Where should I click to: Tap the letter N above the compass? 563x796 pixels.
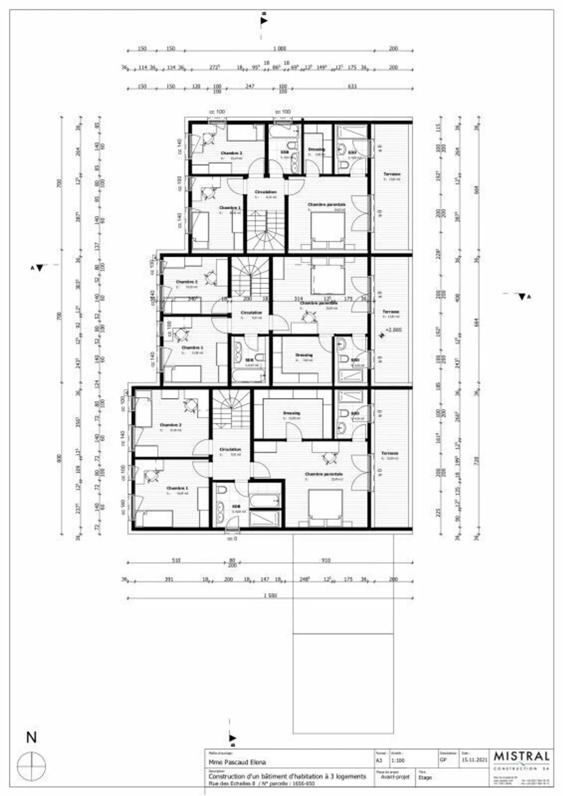point(31,737)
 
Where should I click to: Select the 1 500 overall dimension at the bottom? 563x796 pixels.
point(270,595)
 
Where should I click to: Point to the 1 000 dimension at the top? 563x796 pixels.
point(280,49)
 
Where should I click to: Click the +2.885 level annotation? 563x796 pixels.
point(393,330)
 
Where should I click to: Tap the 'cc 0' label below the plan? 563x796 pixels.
point(232,539)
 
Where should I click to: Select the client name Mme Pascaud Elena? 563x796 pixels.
point(237,762)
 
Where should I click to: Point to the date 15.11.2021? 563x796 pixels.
point(475,760)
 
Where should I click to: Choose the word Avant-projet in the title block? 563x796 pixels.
point(395,777)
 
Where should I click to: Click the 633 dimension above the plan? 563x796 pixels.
point(352,86)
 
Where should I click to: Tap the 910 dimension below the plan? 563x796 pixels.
point(326,560)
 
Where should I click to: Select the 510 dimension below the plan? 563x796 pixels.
point(176,560)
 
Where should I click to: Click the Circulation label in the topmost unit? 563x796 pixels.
point(265,192)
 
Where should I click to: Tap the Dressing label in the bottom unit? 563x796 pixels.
point(291,413)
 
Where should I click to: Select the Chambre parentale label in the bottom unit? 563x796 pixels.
point(324,474)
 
